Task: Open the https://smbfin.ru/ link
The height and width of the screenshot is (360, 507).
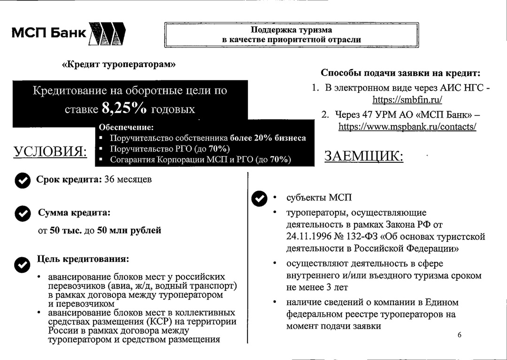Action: pos(407,100)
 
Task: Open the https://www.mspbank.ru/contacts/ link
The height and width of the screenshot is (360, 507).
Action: pos(407,126)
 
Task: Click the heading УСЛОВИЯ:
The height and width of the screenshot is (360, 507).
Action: pos(50,152)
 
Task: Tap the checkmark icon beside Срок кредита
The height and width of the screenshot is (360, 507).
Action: pos(22,181)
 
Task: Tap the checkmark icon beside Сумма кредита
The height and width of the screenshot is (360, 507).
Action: pos(22,214)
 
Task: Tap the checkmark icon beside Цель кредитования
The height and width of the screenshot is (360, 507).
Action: pos(22,265)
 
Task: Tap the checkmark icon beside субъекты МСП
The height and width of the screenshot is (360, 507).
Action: pos(259,199)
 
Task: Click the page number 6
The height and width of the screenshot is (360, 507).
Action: pos(459,335)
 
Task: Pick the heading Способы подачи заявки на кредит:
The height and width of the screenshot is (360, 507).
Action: pos(400,73)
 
